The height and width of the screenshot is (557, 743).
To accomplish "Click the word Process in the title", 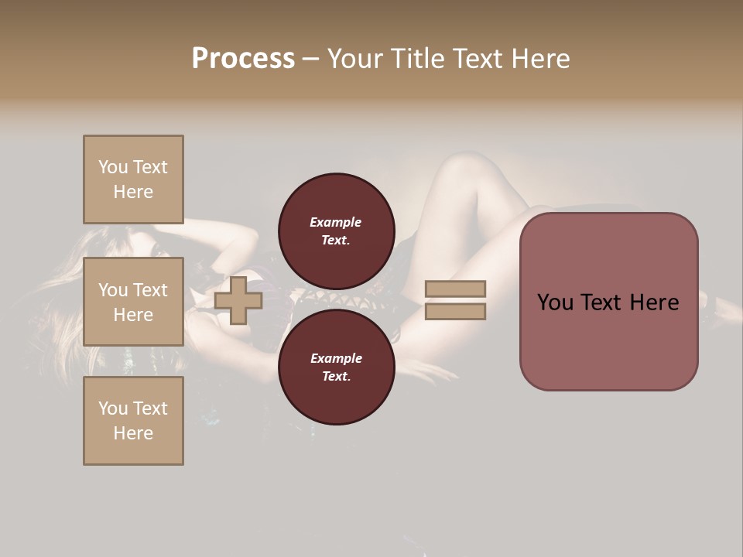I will (x=243, y=59).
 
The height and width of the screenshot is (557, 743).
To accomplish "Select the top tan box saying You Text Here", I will (x=133, y=179).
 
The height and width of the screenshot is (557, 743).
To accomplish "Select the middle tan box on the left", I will (x=133, y=302).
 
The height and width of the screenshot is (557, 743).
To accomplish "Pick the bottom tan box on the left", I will (x=133, y=421).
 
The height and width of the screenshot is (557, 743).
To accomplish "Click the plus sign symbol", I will (x=238, y=300).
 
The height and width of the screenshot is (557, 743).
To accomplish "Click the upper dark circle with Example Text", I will (x=336, y=231).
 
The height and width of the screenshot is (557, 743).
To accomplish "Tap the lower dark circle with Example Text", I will (x=336, y=367).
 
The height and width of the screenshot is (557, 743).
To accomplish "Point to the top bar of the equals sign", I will (x=455, y=289).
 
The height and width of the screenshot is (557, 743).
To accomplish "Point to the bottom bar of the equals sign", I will (x=455, y=312).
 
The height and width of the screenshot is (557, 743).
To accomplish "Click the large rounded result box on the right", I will (x=608, y=302).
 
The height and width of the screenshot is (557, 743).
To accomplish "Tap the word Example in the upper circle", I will (x=336, y=222).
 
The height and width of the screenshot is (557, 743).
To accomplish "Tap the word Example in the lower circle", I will (x=336, y=358).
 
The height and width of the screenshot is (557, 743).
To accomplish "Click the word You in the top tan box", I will (x=112, y=167).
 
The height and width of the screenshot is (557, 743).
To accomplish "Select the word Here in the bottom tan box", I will (x=133, y=433).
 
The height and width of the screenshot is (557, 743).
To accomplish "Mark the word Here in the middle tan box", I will (x=133, y=315).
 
